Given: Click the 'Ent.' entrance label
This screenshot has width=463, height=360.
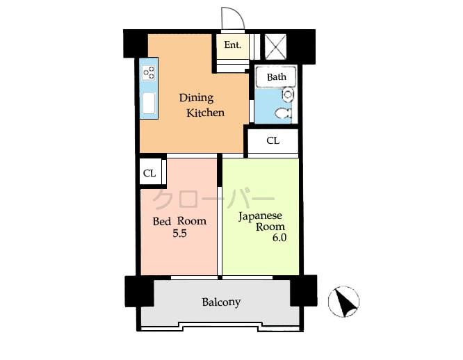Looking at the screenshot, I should [232, 45].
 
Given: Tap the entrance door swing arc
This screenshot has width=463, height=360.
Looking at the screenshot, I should [229, 18].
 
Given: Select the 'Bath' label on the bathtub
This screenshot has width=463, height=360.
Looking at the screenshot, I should [276, 76].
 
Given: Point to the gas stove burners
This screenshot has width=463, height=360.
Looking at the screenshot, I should [149, 72].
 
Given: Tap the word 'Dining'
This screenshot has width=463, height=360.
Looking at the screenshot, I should [196, 97].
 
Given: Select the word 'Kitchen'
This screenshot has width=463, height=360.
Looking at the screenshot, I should [205, 112].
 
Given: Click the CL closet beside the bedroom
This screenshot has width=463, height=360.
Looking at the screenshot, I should [149, 172].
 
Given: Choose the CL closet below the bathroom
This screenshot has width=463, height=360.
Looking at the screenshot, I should [273, 140].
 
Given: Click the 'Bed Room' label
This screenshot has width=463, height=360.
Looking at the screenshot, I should [179, 221].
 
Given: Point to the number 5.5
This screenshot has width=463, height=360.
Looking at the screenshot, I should [179, 234].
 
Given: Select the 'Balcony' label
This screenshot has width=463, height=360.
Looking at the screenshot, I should [221, 302].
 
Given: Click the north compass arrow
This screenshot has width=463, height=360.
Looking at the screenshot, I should [343, 301].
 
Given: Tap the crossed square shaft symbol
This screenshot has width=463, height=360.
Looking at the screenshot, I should [275, 47].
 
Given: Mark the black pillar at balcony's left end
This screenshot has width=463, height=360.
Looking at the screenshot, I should [138, 291].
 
